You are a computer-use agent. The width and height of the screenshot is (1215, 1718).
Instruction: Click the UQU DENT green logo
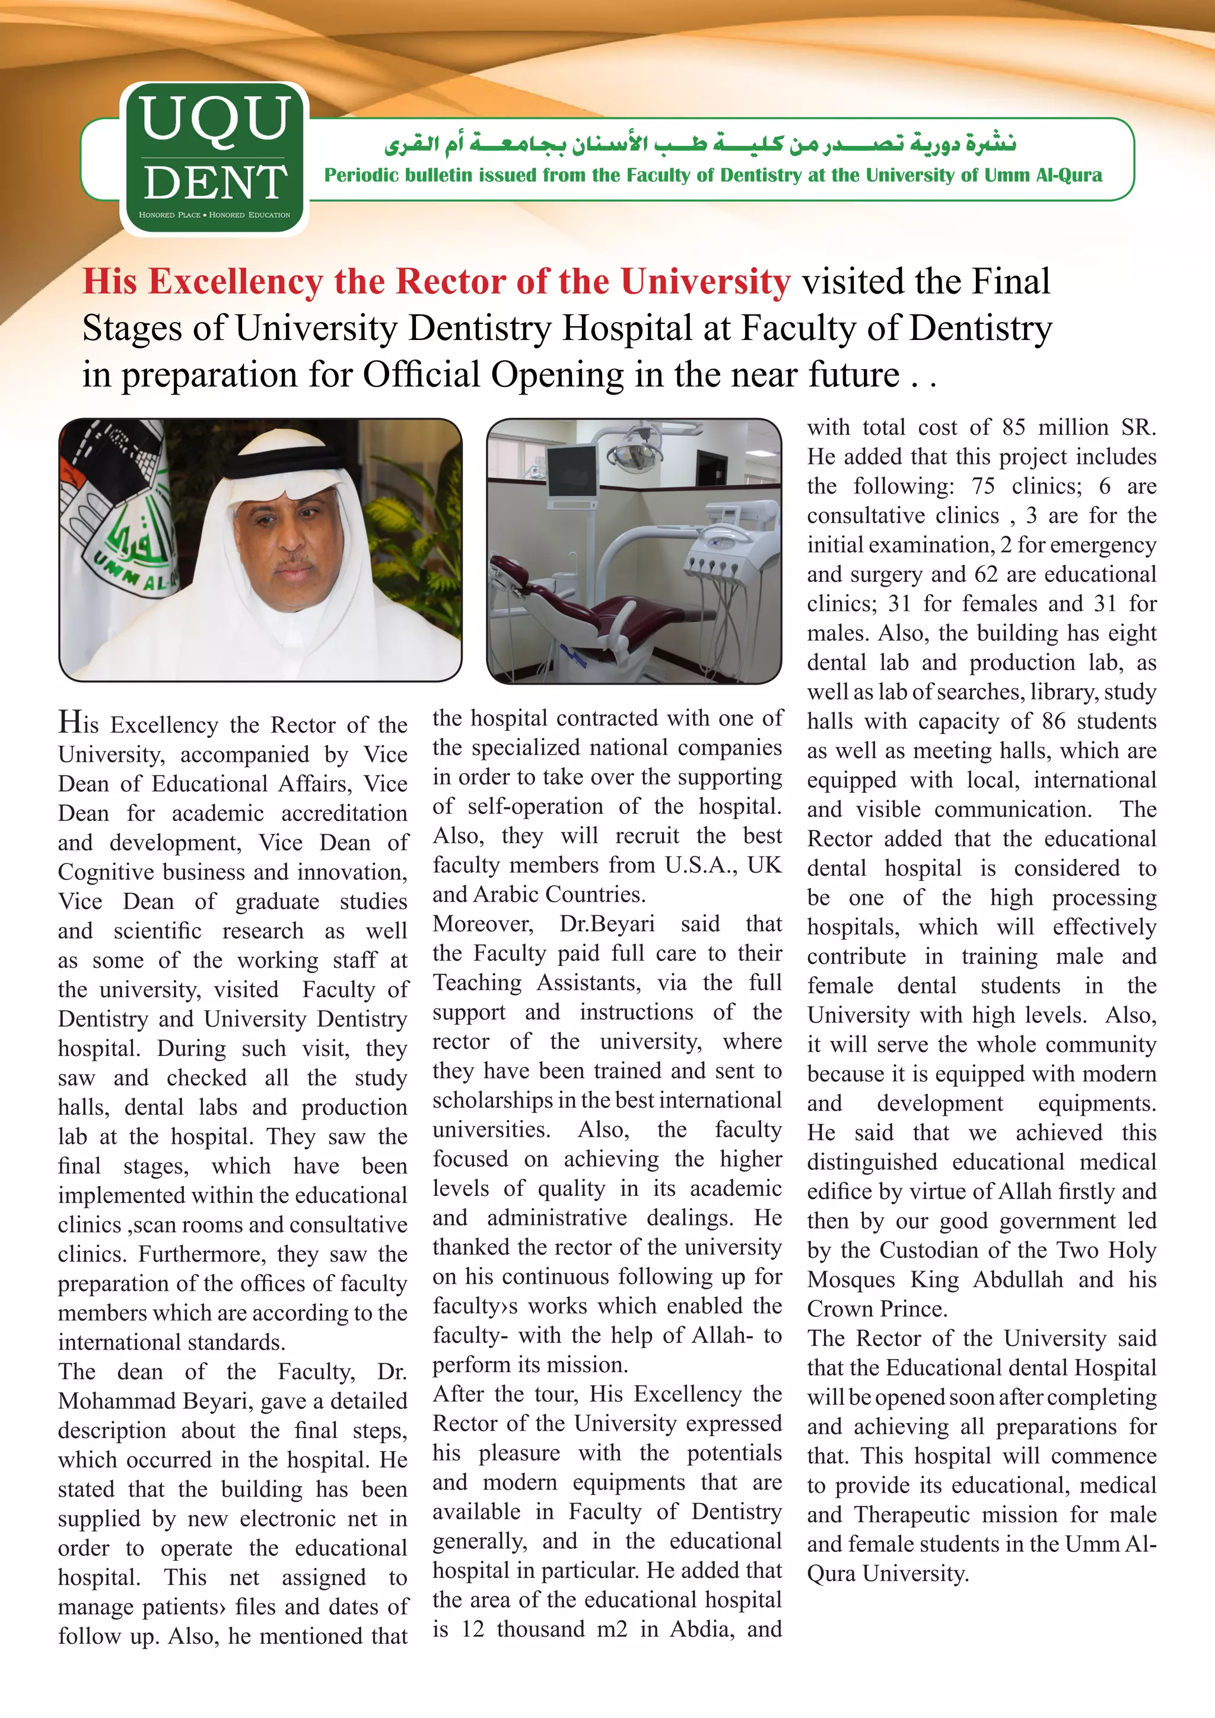(215, 158)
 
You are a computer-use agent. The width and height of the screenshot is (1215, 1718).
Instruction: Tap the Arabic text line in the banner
(699, 142)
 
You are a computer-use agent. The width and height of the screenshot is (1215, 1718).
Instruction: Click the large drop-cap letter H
(69, 723)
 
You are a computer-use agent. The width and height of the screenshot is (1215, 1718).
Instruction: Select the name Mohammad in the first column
(106, 1401)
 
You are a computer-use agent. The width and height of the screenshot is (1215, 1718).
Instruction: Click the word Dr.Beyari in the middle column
(607, 924)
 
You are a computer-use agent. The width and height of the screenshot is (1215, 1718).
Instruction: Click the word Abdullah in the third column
(1017, 1280)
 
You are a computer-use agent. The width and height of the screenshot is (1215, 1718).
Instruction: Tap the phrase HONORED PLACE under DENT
(170, 215)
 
